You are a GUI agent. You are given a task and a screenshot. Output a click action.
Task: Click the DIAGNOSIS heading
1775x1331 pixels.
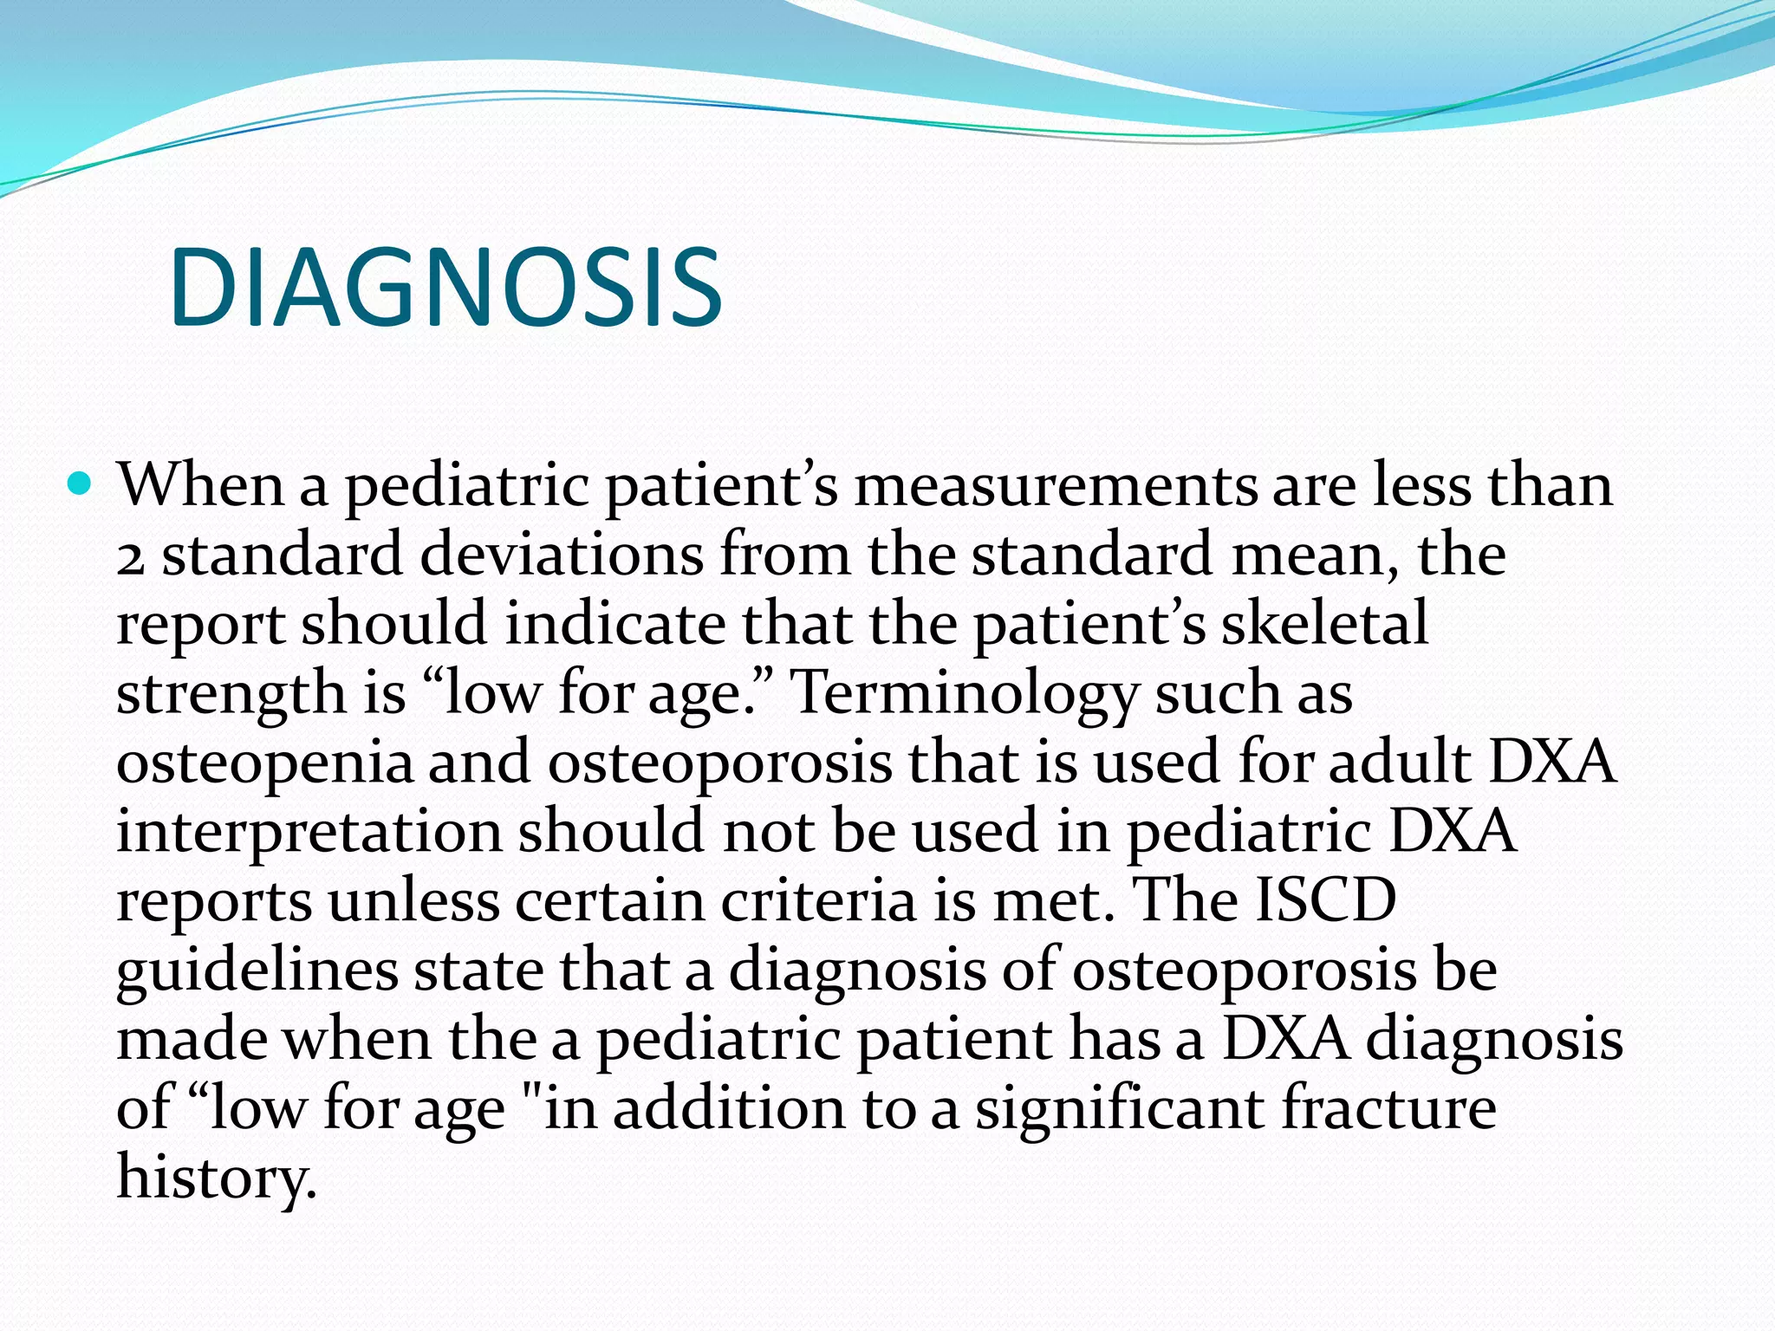click(445, 288)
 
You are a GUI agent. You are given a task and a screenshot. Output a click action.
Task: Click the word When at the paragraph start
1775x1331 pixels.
click(201, 485)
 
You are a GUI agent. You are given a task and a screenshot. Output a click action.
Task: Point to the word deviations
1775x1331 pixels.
click(562, 555)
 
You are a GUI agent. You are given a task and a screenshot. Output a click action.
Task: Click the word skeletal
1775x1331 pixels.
click(1324, 624)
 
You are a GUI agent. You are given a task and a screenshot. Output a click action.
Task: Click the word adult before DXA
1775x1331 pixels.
click(1399, 763)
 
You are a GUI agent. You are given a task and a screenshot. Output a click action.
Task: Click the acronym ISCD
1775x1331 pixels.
click(1325, 901)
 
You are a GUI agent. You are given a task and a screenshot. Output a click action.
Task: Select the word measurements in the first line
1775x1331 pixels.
click(1055, 485)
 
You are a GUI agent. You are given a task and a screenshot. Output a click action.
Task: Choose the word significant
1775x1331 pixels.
click(1119, 1109)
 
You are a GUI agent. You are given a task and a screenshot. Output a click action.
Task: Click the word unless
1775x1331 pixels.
click(413, 901)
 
